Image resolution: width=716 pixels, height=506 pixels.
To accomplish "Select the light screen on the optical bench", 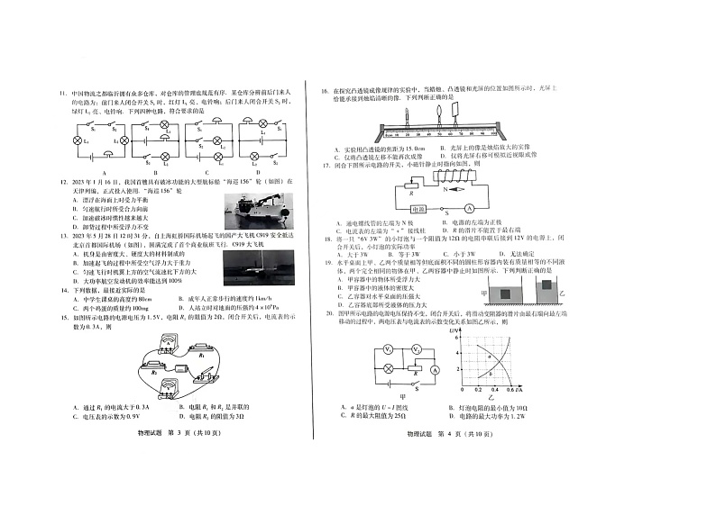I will [456, 111].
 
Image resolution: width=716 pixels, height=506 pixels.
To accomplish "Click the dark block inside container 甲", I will [507, 294].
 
